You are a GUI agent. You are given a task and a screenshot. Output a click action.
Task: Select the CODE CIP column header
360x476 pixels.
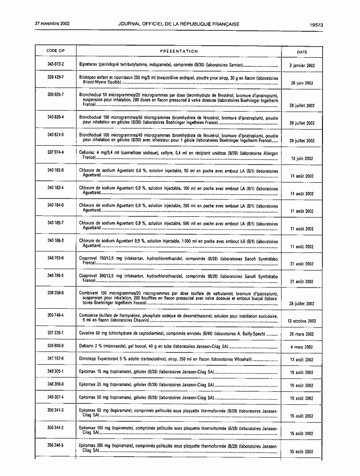point(55,51)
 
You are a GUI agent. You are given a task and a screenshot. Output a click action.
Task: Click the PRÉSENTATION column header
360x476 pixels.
point(179,51)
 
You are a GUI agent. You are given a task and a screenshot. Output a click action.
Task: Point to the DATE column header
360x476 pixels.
point(302,51)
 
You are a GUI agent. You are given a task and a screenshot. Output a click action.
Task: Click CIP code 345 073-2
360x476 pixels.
point(55,64)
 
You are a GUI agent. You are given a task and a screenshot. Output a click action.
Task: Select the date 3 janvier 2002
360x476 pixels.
point(302,65)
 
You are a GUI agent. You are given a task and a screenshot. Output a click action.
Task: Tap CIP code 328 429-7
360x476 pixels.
point(55,77)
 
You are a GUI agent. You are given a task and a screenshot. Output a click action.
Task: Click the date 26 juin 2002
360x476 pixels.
point(302,83)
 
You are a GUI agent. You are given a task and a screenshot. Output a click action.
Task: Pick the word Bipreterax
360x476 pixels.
point(89,64)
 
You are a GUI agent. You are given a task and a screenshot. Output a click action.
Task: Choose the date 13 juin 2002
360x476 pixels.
point(302,158)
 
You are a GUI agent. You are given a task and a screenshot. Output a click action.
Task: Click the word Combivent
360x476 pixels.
point(89,293)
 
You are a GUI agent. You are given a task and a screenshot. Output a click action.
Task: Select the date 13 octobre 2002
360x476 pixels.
point(302,321)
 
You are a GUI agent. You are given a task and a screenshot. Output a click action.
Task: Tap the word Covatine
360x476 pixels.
point(87,333)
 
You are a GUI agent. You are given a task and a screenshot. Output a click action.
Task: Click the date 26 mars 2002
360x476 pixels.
point(302,334)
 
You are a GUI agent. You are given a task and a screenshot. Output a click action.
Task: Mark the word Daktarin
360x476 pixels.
point(87,346)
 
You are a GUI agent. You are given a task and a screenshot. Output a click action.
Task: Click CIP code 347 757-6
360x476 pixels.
point(55,359)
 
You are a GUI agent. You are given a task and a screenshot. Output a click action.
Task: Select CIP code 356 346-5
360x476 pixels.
point(55,446)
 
